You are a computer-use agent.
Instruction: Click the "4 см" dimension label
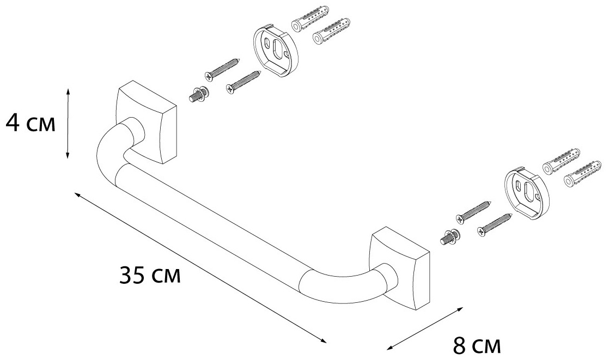(31, 124)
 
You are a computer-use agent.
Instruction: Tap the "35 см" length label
(150, 275)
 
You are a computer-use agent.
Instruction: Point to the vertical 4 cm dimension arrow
(68, 124)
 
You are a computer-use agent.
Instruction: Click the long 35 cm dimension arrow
(201, 268)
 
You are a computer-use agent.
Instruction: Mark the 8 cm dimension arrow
(425, 328)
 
